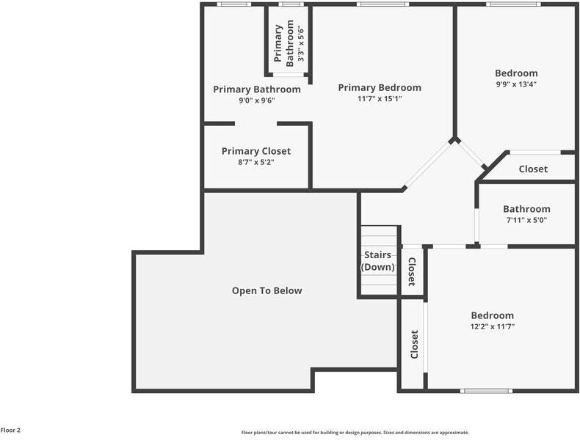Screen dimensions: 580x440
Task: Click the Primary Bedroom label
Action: tap(380, 87)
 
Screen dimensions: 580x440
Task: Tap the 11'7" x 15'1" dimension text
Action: tap(380, 99)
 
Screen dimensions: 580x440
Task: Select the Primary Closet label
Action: tap(256, 151)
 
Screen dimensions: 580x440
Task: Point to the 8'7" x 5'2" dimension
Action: tap(256, 162)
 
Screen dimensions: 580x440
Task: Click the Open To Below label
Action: tap(267, 290)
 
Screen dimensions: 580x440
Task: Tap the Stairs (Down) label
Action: tap(377, 261)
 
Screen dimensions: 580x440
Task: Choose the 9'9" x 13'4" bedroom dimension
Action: tap(516, 84)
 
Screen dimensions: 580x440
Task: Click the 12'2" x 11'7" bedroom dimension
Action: tap(493, 326)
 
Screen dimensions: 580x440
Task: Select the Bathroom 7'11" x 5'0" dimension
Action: tap(526, 220)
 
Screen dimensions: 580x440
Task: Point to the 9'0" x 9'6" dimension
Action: tap(257, 100)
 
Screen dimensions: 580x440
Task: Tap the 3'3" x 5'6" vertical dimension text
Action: tap(301, 43)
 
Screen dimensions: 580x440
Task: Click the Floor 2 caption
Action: tap(10, 430)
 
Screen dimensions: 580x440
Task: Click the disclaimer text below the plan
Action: tap(355, 432)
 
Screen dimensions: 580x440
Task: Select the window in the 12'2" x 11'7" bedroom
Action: tap(487, 390)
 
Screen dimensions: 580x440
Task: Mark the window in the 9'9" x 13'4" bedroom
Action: tap(513, 4)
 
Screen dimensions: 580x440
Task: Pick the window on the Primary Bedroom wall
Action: tap(383, 4)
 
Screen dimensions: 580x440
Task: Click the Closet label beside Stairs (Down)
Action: tap(412, 271)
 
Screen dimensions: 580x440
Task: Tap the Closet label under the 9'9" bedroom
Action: tap(533, 169)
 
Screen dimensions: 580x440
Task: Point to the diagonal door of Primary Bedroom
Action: tap(428, 164)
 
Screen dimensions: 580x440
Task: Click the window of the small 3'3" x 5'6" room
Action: tap(291, 4)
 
